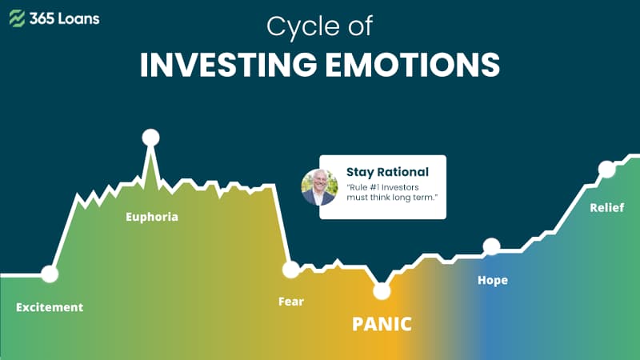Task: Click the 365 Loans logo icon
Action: [x=17, y=18]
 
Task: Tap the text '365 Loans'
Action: [x=65, y=18]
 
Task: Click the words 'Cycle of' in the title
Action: [x=319, y=26]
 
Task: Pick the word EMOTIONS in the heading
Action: [x=413, y=65]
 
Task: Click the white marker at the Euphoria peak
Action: [x=150, y=138]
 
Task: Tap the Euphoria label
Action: [x=152, y=216]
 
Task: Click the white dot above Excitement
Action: [x=50, y=274]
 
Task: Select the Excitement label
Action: [x=50, y=307]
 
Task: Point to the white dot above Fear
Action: [x=291, y=270]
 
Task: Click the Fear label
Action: [x=291, y=302]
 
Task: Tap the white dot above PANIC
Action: [x=382, y=291]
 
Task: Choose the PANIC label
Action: [x=382, y=324]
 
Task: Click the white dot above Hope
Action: [x=491, y=246]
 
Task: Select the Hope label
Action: [x=493, y=280]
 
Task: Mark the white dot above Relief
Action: [x=606, y=170]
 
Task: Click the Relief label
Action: [x=607, y=207]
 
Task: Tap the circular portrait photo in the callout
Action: [x=319, y=187]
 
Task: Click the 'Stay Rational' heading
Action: [x=387, y=172]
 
